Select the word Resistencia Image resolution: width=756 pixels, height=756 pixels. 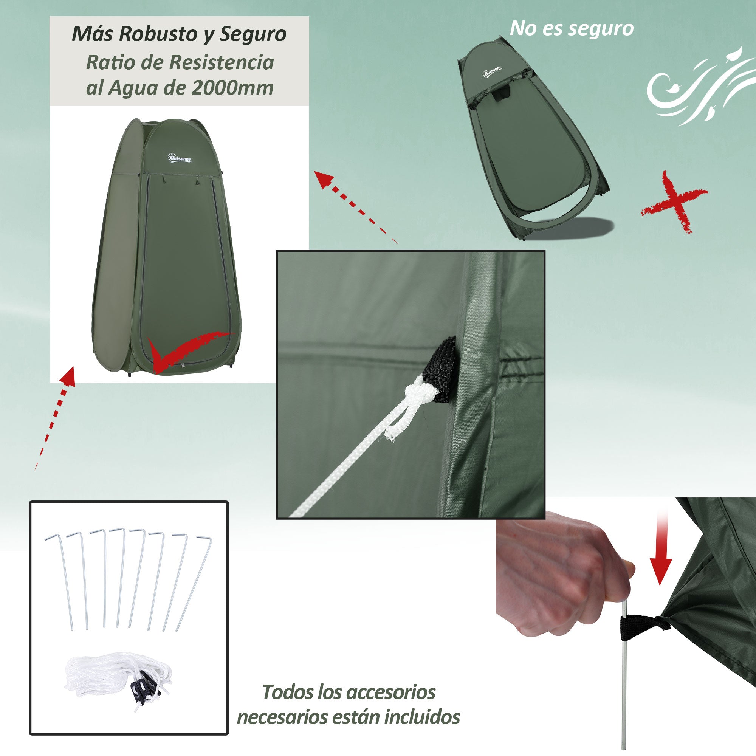click(224, 62)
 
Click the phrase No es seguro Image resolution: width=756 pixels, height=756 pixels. click(571, 29)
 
